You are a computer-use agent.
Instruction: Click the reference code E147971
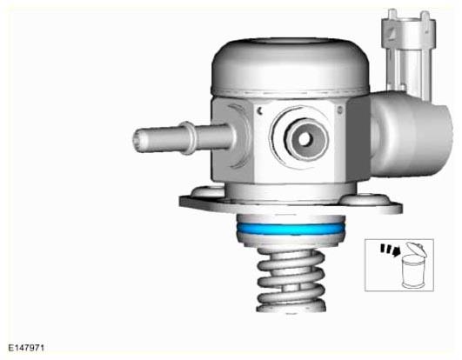[26, 348]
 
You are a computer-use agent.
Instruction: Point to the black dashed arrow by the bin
[390, 250]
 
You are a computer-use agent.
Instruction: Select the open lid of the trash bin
[416, 249]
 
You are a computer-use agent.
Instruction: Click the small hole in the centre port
[305, 139]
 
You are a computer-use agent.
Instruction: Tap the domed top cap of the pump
[291, 66]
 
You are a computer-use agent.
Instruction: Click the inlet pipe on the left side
[183, 137]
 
